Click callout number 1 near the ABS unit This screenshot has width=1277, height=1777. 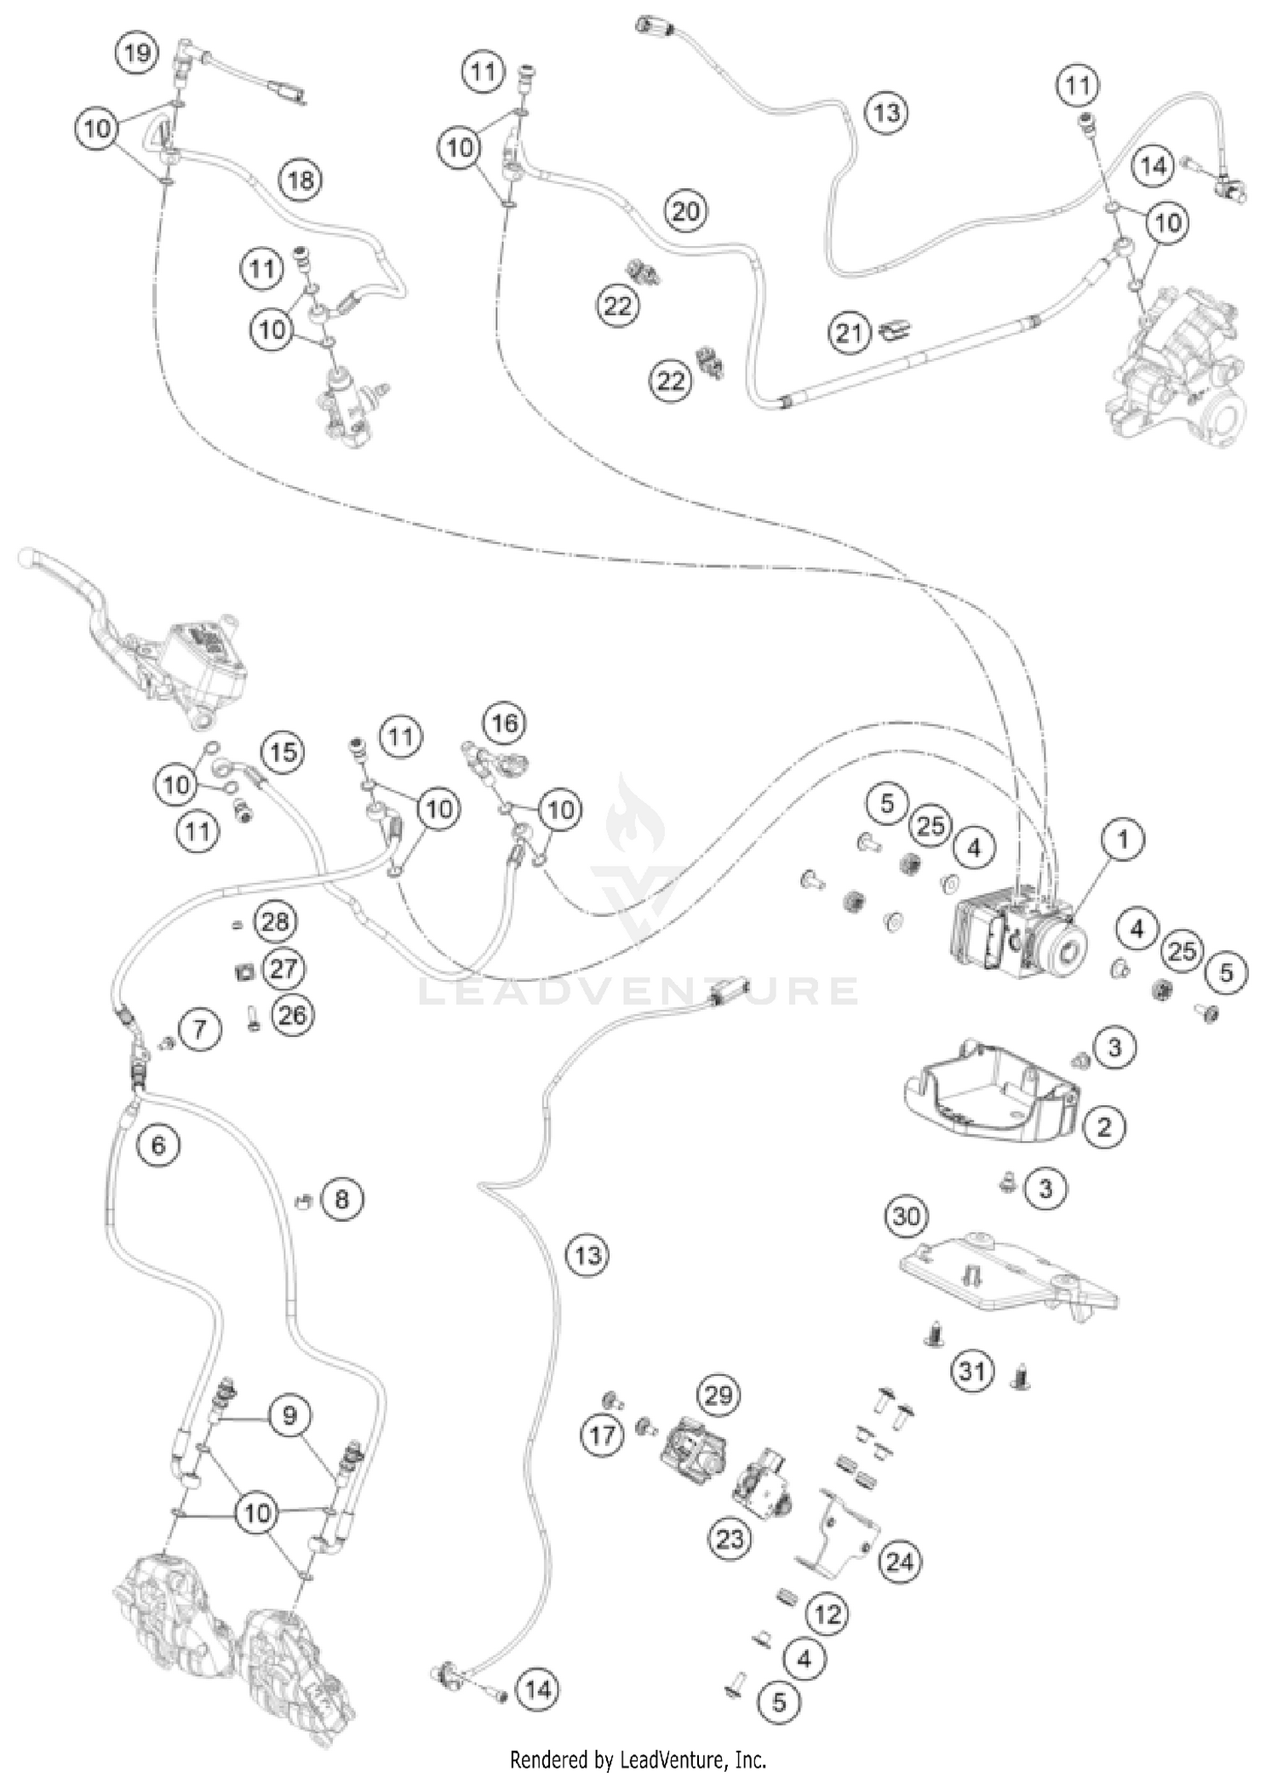[x=1122, y=840]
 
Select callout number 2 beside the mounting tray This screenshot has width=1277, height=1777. [x=1104, y=1127]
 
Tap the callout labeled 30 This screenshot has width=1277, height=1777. [x=906, y=1216]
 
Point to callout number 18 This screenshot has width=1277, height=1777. [x=301, y=180]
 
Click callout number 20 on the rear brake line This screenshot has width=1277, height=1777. [x=685, y=210]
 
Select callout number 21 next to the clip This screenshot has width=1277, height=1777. [x=849, y=333]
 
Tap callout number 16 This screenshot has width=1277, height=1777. [x=504, y=724]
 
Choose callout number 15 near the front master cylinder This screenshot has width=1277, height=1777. [x=283, y=752]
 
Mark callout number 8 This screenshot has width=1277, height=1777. [x=341, y=1200]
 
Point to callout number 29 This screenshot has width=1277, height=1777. [x=719, y=1395]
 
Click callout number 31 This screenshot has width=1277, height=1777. [x=972, y=1371]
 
